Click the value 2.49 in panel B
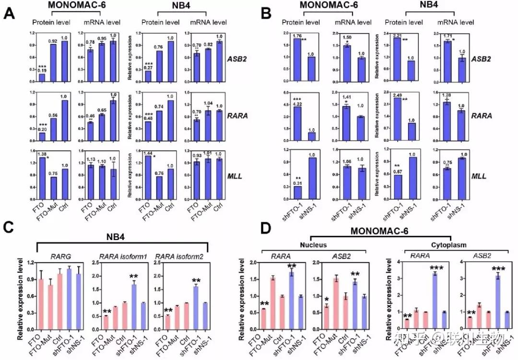[397, 95]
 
